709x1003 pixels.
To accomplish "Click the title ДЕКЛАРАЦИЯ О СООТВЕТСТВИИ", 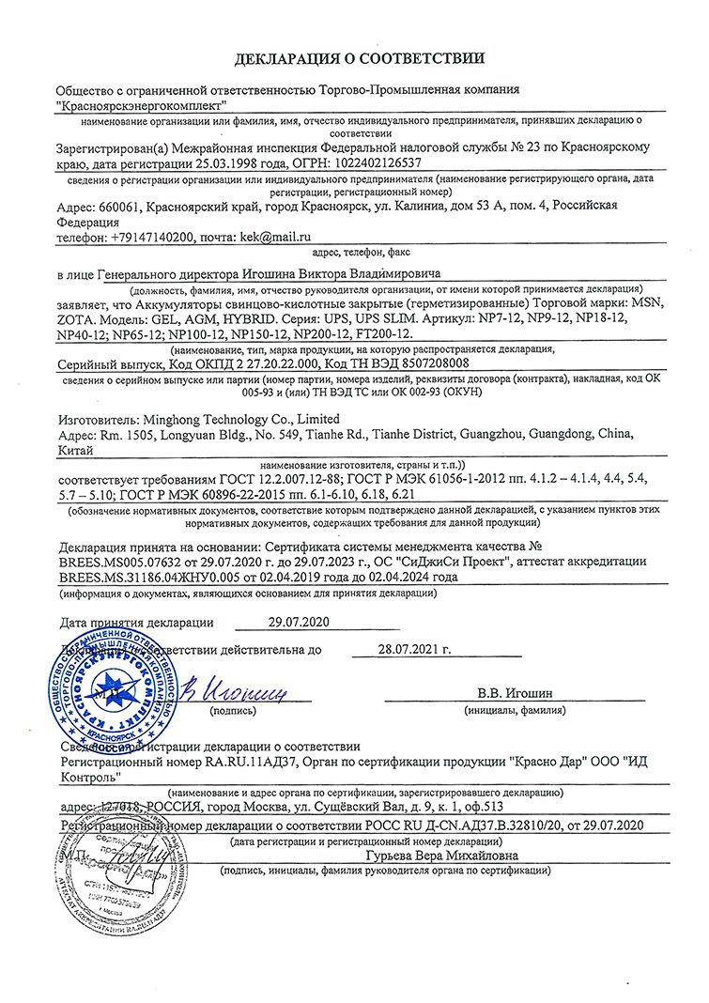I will [x=361, y=59].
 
